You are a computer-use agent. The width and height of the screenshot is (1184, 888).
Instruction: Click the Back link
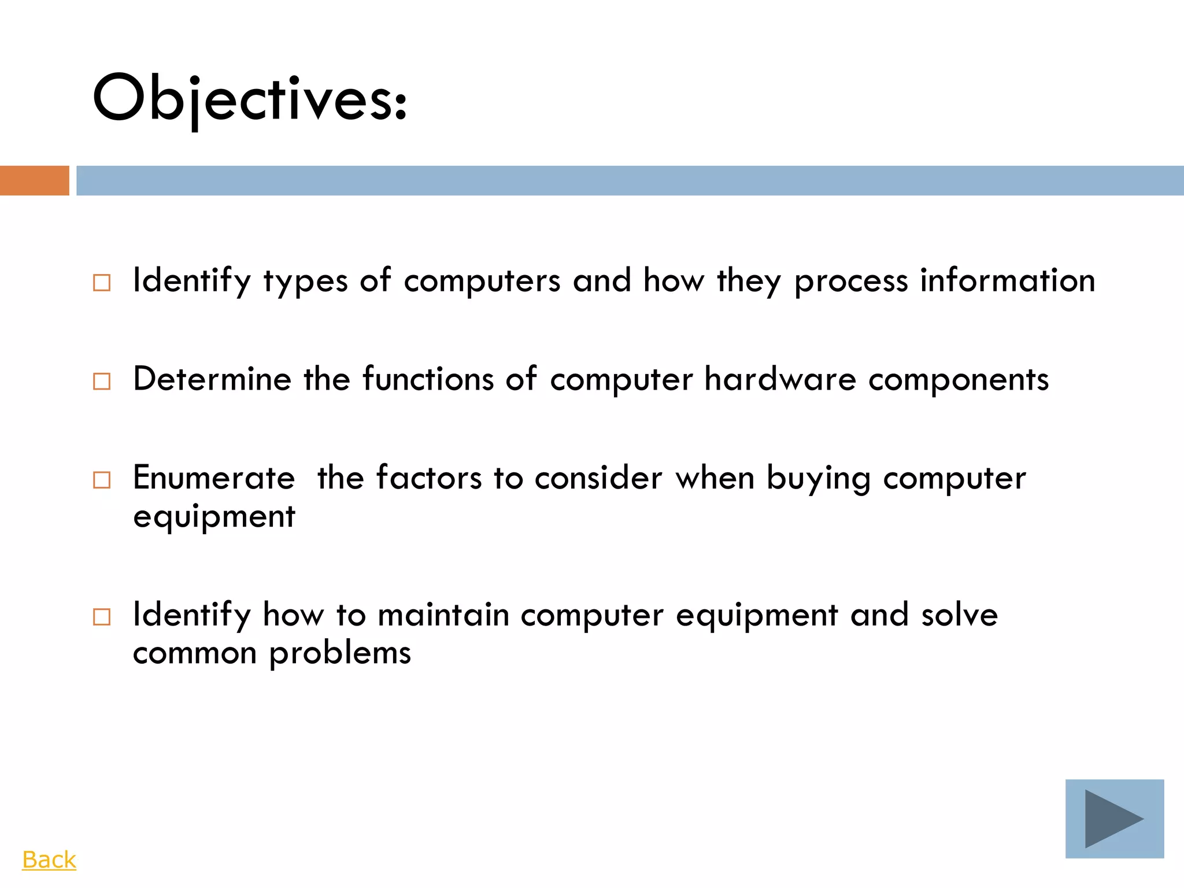point(49,860)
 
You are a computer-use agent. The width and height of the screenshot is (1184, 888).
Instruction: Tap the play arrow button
point(1114,819)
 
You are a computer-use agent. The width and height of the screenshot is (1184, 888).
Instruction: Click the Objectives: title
point(250,98)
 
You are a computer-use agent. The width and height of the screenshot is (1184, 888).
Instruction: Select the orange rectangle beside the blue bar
point(34,180)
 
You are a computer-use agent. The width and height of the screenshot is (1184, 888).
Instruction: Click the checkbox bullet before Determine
point(102,382)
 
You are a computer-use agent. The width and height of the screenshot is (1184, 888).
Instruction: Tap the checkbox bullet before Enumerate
point(102,480)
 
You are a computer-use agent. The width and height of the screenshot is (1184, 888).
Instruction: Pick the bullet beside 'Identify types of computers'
point(102,283)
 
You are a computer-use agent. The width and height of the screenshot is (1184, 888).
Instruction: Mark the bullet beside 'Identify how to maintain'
point(102,617)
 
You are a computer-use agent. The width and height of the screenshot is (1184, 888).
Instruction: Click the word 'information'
point(1008,280)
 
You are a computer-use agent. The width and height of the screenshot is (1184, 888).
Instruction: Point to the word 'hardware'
point(780,379)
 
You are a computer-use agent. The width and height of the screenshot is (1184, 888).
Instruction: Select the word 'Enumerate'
point(214,478)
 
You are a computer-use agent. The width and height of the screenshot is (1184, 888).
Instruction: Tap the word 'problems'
point(340,654)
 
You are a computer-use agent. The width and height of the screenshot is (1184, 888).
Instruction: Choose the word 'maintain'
point(443,615)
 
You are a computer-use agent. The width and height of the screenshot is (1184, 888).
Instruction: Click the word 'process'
point(851,282)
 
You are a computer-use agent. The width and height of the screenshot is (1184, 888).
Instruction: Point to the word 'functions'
point(428,379)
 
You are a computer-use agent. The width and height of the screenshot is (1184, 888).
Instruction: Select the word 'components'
point(959,380)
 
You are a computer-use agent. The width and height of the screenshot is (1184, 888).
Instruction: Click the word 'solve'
point(959,615)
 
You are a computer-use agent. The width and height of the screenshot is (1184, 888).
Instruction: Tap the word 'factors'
point(428,478)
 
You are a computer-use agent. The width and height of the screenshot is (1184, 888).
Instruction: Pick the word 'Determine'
point(212,379)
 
